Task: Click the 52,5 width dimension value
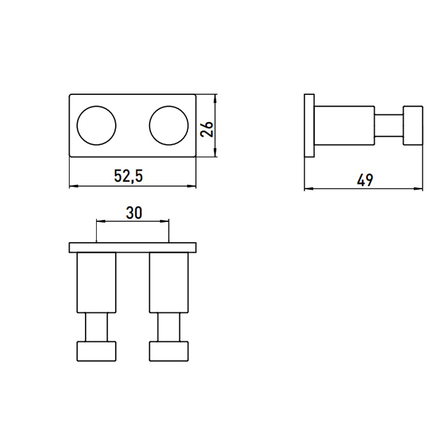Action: coord(128,177)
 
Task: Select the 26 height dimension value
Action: coord(207,128)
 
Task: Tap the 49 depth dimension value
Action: coord(365,179)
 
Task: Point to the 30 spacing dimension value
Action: coord(133,213)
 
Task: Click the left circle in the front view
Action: coord(96,124)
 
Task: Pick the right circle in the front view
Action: coord(168,124)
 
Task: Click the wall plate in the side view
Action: coord(309,126)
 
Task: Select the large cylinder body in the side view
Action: coord(344,126)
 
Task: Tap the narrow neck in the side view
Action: coord(389,126)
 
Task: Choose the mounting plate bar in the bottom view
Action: coord(132,247)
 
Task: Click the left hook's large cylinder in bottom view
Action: coord(96,283)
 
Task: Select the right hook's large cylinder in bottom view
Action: coord(168,283)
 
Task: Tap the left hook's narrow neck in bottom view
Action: coord(96,328)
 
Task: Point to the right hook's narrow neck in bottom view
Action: coord(168,328)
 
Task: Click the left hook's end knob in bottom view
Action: coord(96,351)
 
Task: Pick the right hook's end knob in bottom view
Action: coord(168,351)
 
